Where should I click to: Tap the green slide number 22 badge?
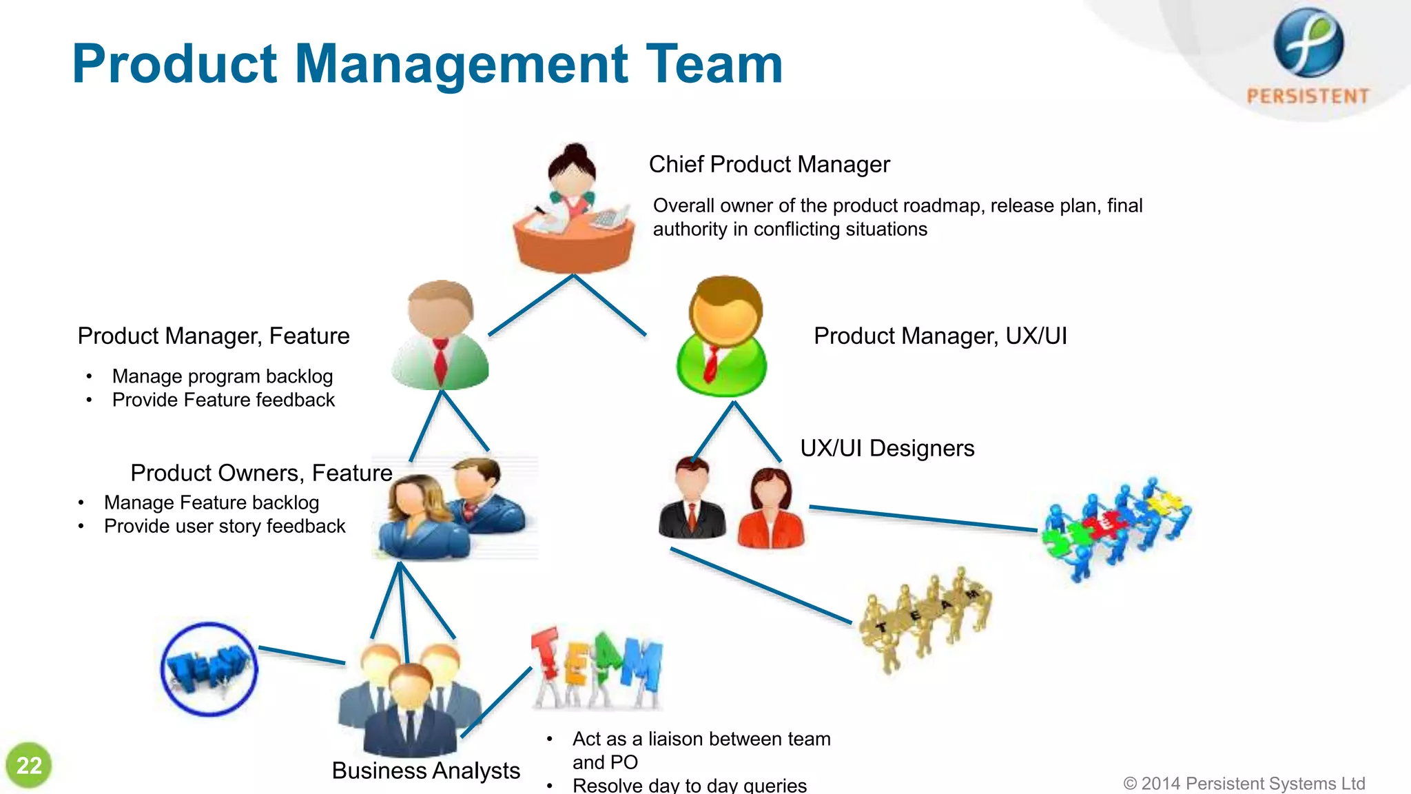coord(29,765)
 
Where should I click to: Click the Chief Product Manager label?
coord(769,165)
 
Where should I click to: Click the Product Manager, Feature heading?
coord(214,336)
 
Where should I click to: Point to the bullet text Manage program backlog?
coord(222,376)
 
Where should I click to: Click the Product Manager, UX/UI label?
coord(940,336)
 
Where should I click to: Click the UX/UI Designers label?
coord(887,449)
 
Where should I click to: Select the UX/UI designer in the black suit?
coord(692,499)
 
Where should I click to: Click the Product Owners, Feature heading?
coord(261,474)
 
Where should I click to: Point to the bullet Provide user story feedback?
coord(224,527)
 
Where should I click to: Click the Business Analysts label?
coord(425,771)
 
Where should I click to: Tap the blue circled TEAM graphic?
coord(209,669)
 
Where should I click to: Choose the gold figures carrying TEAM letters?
coord(925,618)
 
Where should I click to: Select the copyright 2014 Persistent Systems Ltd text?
coord(1244,784)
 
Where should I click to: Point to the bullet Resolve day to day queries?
coord(689,785)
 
